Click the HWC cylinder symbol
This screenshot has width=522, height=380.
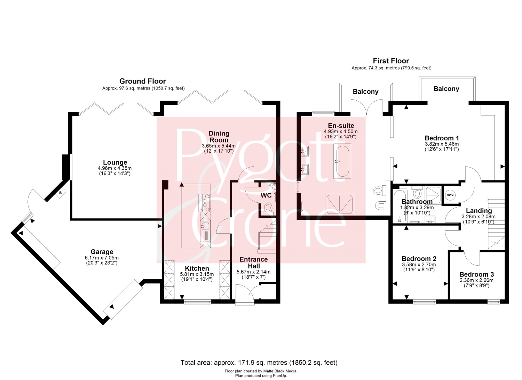[450, 195]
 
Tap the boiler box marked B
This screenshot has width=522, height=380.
[61, 193]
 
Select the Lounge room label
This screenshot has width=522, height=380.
[115, 162]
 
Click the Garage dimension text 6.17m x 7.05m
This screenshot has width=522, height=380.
[102, 258]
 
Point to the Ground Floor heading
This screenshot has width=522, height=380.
[143, 81]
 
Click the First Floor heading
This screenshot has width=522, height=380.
[391, 61]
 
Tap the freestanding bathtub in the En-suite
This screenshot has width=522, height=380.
[342, 161]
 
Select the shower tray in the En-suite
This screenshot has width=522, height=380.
[340, 204]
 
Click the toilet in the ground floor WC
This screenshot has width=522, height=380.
[268, 208]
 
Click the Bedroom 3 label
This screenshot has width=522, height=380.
[476, 274]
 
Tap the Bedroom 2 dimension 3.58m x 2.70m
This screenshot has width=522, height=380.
[419, 264]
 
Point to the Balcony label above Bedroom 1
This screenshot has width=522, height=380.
[446, 88]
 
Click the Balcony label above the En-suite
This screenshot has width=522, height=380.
[365, 92]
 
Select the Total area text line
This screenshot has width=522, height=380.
[259, 363]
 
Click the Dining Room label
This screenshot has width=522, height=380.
[219, 137]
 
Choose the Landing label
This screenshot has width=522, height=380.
[478, 211]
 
